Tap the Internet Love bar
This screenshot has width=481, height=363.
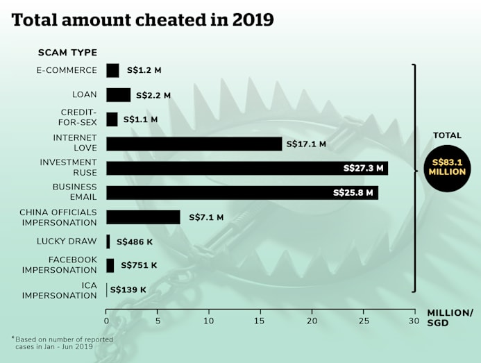[194, 144]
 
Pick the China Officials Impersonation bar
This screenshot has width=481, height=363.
[143, 217]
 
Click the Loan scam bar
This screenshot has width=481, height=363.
[118, 95]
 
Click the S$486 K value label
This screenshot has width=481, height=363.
[135, 242]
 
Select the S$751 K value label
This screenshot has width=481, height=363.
[139, 265]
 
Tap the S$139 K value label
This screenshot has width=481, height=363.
[128, 289]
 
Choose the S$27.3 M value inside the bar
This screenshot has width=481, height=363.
[363, 168]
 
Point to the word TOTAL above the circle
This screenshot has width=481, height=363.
[447, 136]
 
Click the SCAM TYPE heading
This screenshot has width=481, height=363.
[67, 53]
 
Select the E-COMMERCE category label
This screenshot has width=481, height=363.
[67, 70]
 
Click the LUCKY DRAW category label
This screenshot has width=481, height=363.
[67, 242]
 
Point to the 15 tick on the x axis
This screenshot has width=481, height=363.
[260, 321]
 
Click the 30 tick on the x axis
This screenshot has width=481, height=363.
[413, 321]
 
